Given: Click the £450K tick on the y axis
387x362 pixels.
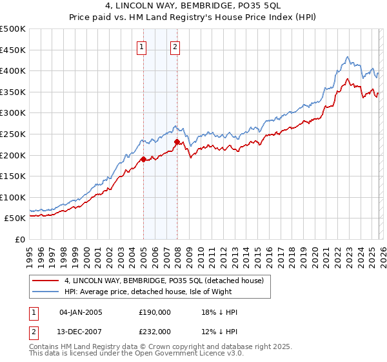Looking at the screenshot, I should pyautogui.click(x=13, y=50).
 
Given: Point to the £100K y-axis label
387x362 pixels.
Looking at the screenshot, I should pyautogui.click(x=13, y=197).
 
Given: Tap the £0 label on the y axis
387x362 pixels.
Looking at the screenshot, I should pyautogui.click(x=21, y=239).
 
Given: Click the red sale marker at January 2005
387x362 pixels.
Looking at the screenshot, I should pyautogui.click(x=143, y=158).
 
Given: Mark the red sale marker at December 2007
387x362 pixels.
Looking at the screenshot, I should pyautogui.click(x=177, y=141).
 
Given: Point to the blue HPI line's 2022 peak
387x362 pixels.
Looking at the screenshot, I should pyautogui.click(x=347, y=58).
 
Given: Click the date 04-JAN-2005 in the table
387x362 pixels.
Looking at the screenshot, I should pyautogui.click(x=81, y=312).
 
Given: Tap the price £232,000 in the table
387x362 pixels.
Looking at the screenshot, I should pyautogui.click(x=154, y=331).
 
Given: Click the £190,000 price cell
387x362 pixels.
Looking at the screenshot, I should pyautogui.click(x=154, y=312).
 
